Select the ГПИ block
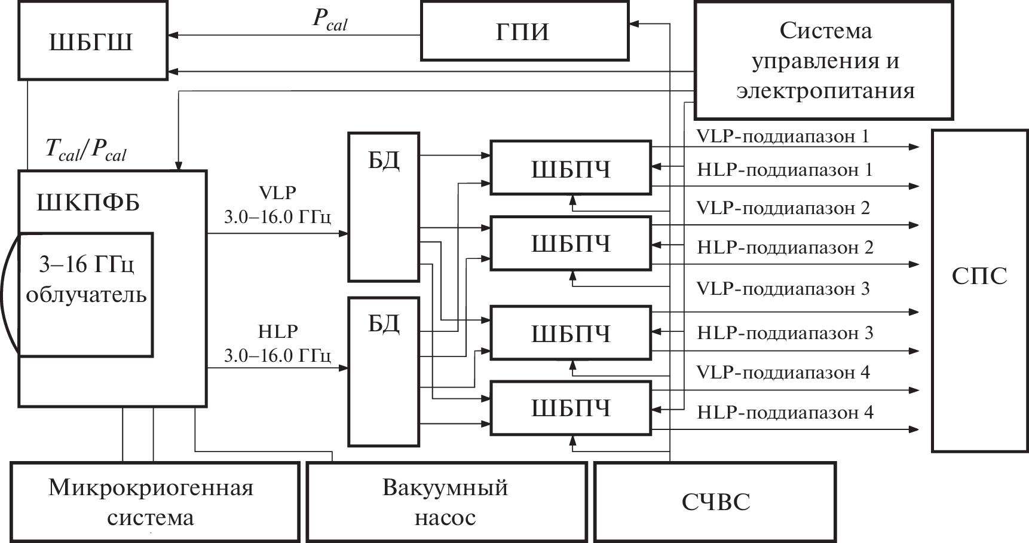click(x=524, y=31)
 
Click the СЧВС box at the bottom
click(x=715, y=501)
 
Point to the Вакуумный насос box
click(x=446, y=501)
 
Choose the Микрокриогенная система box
click(x=154, y=501)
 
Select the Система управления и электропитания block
click(x=823, y=61)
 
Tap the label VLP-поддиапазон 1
click(x=782, y=136)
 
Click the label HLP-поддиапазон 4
click(x=785, y=412)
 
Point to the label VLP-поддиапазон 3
click(x=783, y=289)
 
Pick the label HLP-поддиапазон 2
click(x=785, y=248)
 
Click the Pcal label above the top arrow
click(x=329, y=20)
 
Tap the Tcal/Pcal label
click(x=86, y=150)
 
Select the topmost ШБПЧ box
click(x=570, y=168)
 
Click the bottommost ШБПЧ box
click(x=570, y=408)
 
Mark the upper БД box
click(x=384, y=207)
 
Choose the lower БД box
click(x=384, y=371)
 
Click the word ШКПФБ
click(x=88, y=203)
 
